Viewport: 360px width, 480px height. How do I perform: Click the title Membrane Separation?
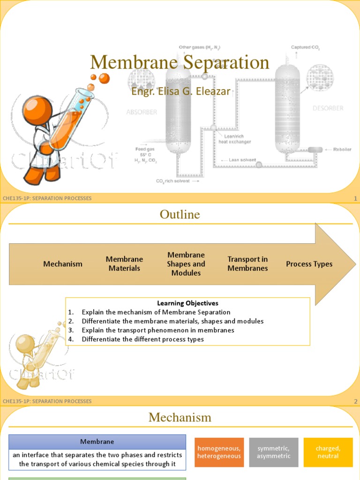click(180, 63)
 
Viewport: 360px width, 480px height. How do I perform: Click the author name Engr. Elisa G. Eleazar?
click(180, 91)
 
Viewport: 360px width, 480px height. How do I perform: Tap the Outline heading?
click(180, 215)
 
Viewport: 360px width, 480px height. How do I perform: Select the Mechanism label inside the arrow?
click(63, 264)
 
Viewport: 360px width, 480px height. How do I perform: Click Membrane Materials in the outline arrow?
click(124, 264)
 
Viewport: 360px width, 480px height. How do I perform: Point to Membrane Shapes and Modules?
click(186, 264)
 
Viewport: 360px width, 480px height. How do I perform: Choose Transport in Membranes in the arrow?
click(247, 264)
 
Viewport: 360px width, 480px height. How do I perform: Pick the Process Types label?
click(309, 264)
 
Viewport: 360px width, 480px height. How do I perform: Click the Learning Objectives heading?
click(187, 303)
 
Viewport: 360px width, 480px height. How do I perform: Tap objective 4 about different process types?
click(142, 339)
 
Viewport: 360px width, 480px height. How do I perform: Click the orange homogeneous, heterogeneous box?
click(219, 452)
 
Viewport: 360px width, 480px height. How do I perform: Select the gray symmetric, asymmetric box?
click(274, 452)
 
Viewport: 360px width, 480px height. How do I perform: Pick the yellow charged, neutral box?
click(328, 452)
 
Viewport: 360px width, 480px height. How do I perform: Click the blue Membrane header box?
click(97, 442)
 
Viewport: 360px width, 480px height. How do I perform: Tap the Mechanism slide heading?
click(180, 417)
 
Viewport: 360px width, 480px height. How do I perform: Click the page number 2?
click(356, 401)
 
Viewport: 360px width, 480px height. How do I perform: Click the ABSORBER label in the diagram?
click(142, 112)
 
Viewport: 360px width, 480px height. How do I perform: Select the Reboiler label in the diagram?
click(343, 150)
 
